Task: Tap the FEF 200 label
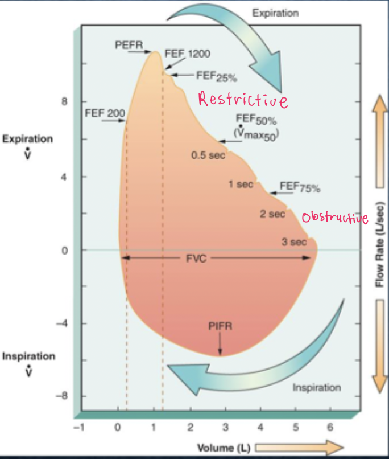pyautogui.click(x=105, y=113)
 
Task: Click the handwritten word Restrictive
pyautogui.click(x=242, y=100)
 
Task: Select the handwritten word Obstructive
pyautogui.click(x=334, y=218)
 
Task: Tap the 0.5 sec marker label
pyautogui.click(x=207, y=155)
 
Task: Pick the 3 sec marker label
pyautogui.click(x=294, y=242)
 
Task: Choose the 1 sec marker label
pyautogui.click(x=240, y=185)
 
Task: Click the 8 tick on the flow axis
pyautogui.click(x=65, y=102)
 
